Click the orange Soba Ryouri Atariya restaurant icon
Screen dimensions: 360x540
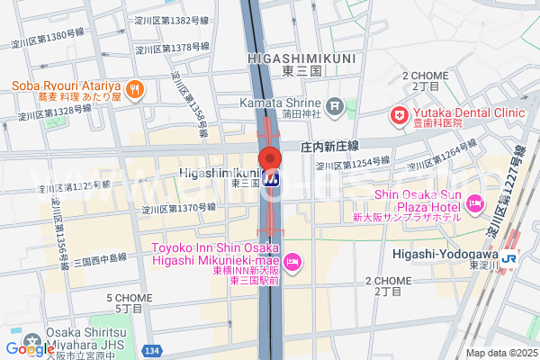135,88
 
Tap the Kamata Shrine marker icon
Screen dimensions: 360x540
335,108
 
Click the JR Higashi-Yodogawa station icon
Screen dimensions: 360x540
510,258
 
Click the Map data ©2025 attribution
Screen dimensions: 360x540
500,353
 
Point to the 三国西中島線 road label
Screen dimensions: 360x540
99,256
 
